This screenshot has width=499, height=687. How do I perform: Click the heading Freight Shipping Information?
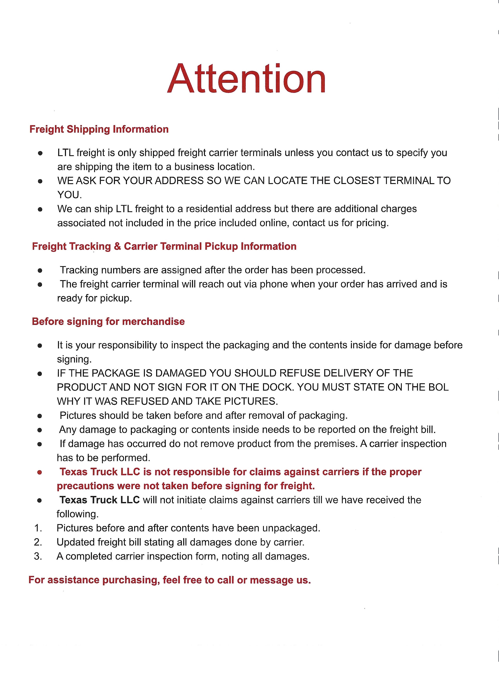pyautogui.click(x=99, y=129)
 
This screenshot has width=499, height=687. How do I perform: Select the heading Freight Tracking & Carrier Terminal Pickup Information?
pyautogui.click(x=164, y=246)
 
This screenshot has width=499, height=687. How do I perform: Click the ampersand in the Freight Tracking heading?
pyautogui.click(x=117, y=246)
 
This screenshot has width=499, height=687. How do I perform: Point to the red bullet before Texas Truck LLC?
pyautogui.click(x=39, y=472)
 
